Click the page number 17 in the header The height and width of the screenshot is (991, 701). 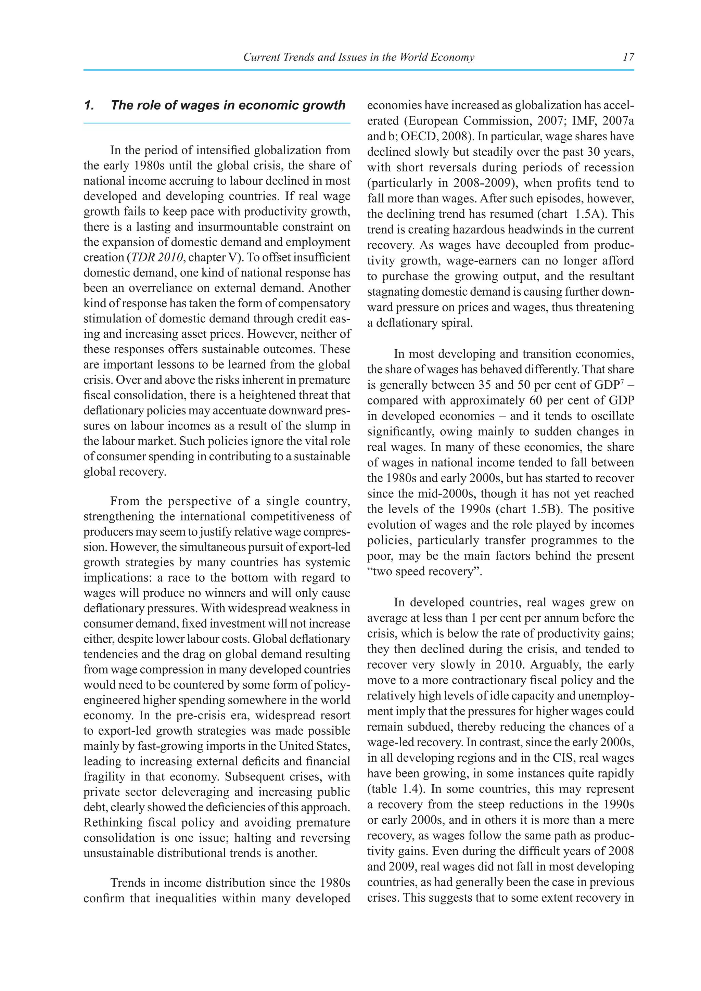(x=628, y=57)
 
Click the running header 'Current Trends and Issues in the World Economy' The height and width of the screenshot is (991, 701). (x=359, y=57)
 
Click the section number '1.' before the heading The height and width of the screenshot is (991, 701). (x=89, y=105)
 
